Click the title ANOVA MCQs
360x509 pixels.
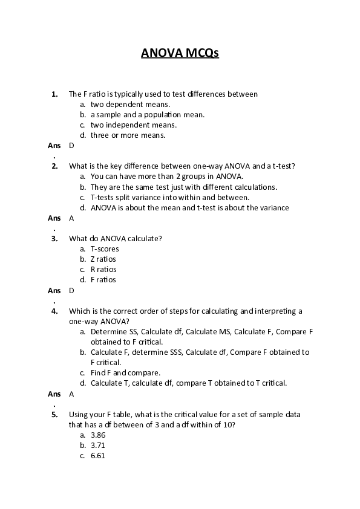(180, 53)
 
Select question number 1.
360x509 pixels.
(54, 94)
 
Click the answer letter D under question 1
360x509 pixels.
(71, 146)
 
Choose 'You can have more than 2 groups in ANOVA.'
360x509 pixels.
(166, 177)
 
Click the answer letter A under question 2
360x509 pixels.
(71, 218)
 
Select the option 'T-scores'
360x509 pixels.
(105, 249)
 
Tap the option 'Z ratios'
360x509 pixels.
(103, 259)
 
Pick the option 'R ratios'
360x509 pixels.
(103, 270)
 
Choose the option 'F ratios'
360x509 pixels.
(103, 280)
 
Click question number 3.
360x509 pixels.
(54, 238)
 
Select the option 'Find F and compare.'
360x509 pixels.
(125, 372)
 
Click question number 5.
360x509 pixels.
(54, 415)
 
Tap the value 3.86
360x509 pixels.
(98, 435)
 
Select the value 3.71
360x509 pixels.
(98, 446)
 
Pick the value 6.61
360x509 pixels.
(98, 456)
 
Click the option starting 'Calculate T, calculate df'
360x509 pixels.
(188, 383)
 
